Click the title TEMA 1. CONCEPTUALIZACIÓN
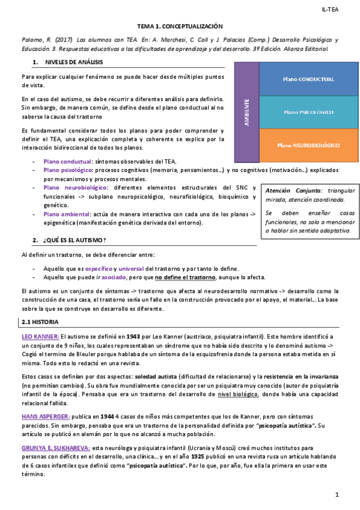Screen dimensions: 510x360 click(180, 27)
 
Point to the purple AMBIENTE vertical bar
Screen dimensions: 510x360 click(246, 112)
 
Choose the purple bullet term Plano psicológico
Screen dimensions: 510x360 click(68, 170)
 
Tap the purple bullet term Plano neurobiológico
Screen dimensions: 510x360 click(73, 188)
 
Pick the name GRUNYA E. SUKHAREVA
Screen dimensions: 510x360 click(56, 447)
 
